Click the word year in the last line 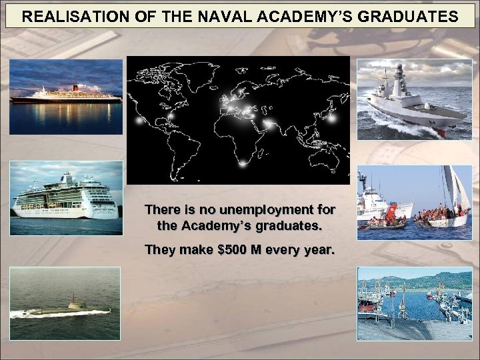[319, 251]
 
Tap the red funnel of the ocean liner [75, 87]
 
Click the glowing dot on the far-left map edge [138, 121]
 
